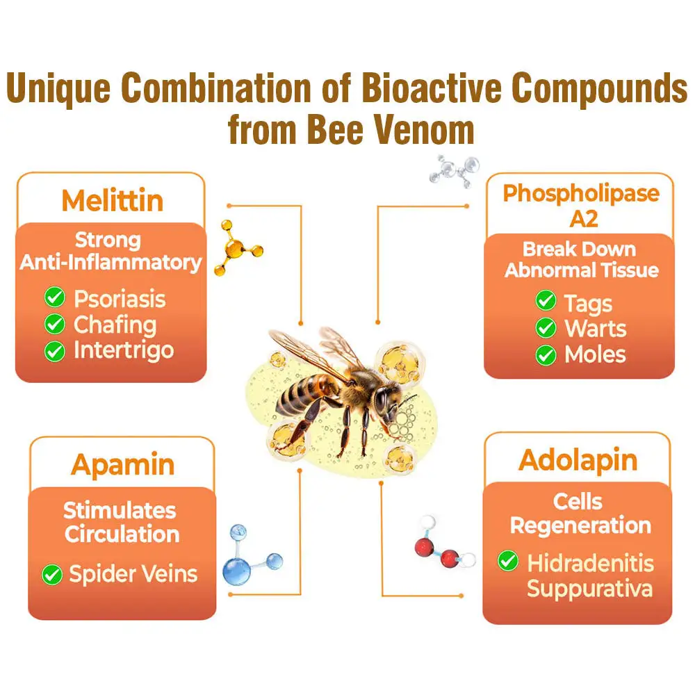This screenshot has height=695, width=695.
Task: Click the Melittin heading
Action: point(112,200)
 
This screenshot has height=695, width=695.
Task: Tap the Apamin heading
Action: point(122,464)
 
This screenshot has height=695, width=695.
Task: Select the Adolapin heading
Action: point(578,460)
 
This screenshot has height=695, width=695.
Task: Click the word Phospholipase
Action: point(580,193)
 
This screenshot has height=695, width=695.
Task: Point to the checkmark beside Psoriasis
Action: point(54,299)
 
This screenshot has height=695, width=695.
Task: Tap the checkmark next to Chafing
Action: point(54,325)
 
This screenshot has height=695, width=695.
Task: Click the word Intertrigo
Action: point(123,350)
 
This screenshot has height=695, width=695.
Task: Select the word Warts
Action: point(595,329)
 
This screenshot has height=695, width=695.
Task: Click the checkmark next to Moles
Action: point(546,354)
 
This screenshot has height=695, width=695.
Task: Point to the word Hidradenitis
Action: point(590,562)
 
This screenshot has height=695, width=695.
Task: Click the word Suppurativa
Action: point(589,589)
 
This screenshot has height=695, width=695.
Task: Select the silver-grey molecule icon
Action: point(456,167)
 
